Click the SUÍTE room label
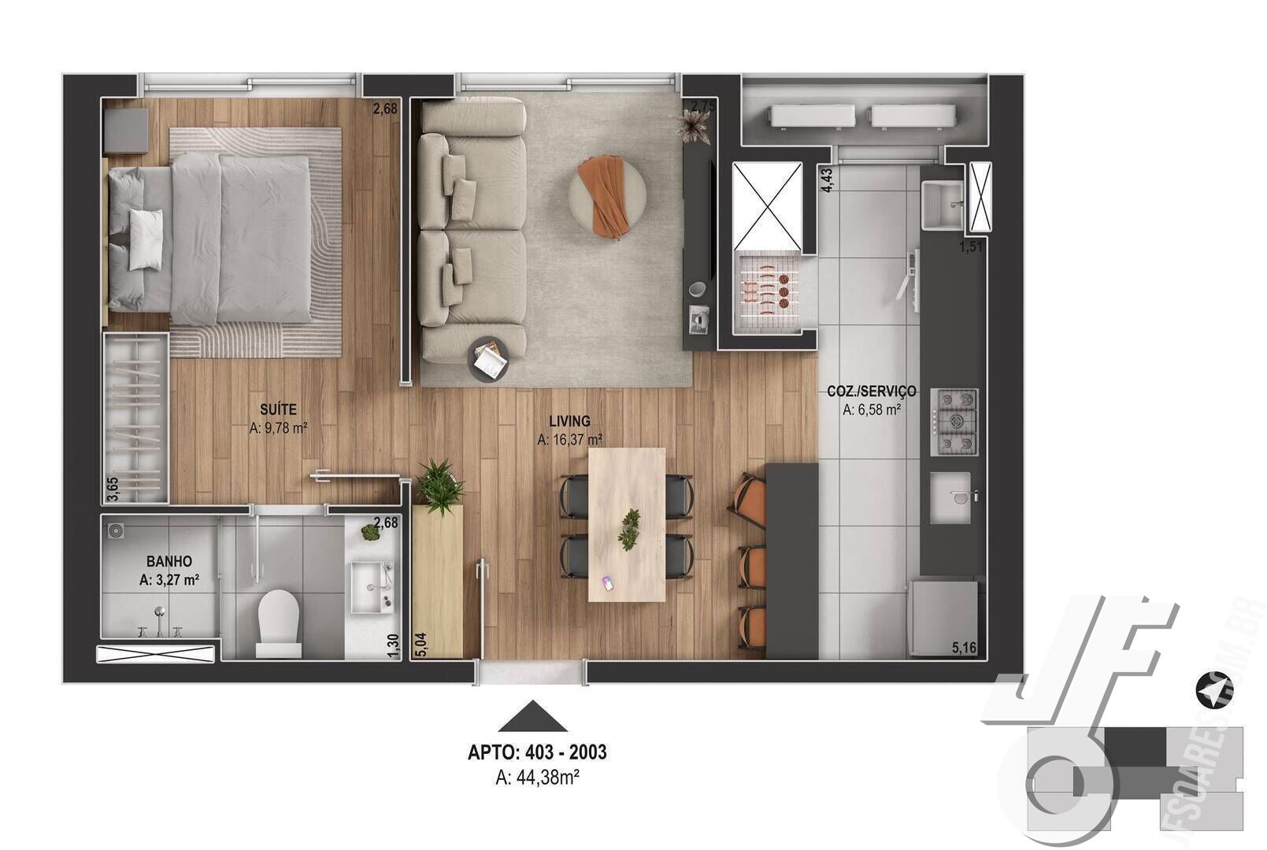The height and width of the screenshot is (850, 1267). pos(278,409)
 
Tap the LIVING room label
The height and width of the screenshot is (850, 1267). pos(569,421)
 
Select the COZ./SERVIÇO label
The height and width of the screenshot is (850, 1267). pos(871,391)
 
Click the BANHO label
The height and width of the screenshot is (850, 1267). pos(169,562)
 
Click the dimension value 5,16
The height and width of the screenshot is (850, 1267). pos(964,648)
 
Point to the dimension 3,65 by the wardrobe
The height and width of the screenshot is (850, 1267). pos(113,489)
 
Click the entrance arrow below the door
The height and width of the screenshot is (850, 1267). pos(532,716)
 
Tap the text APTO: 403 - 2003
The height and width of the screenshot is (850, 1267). pos(537,752)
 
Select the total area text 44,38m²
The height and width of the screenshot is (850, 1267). pos(538,778)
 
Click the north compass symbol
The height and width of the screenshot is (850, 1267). pos(1213,691)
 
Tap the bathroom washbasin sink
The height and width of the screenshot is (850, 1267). pos(371,587)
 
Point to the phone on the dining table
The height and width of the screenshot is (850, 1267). pos(607,583)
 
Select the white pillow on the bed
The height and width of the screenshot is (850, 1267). pos(146,239)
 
